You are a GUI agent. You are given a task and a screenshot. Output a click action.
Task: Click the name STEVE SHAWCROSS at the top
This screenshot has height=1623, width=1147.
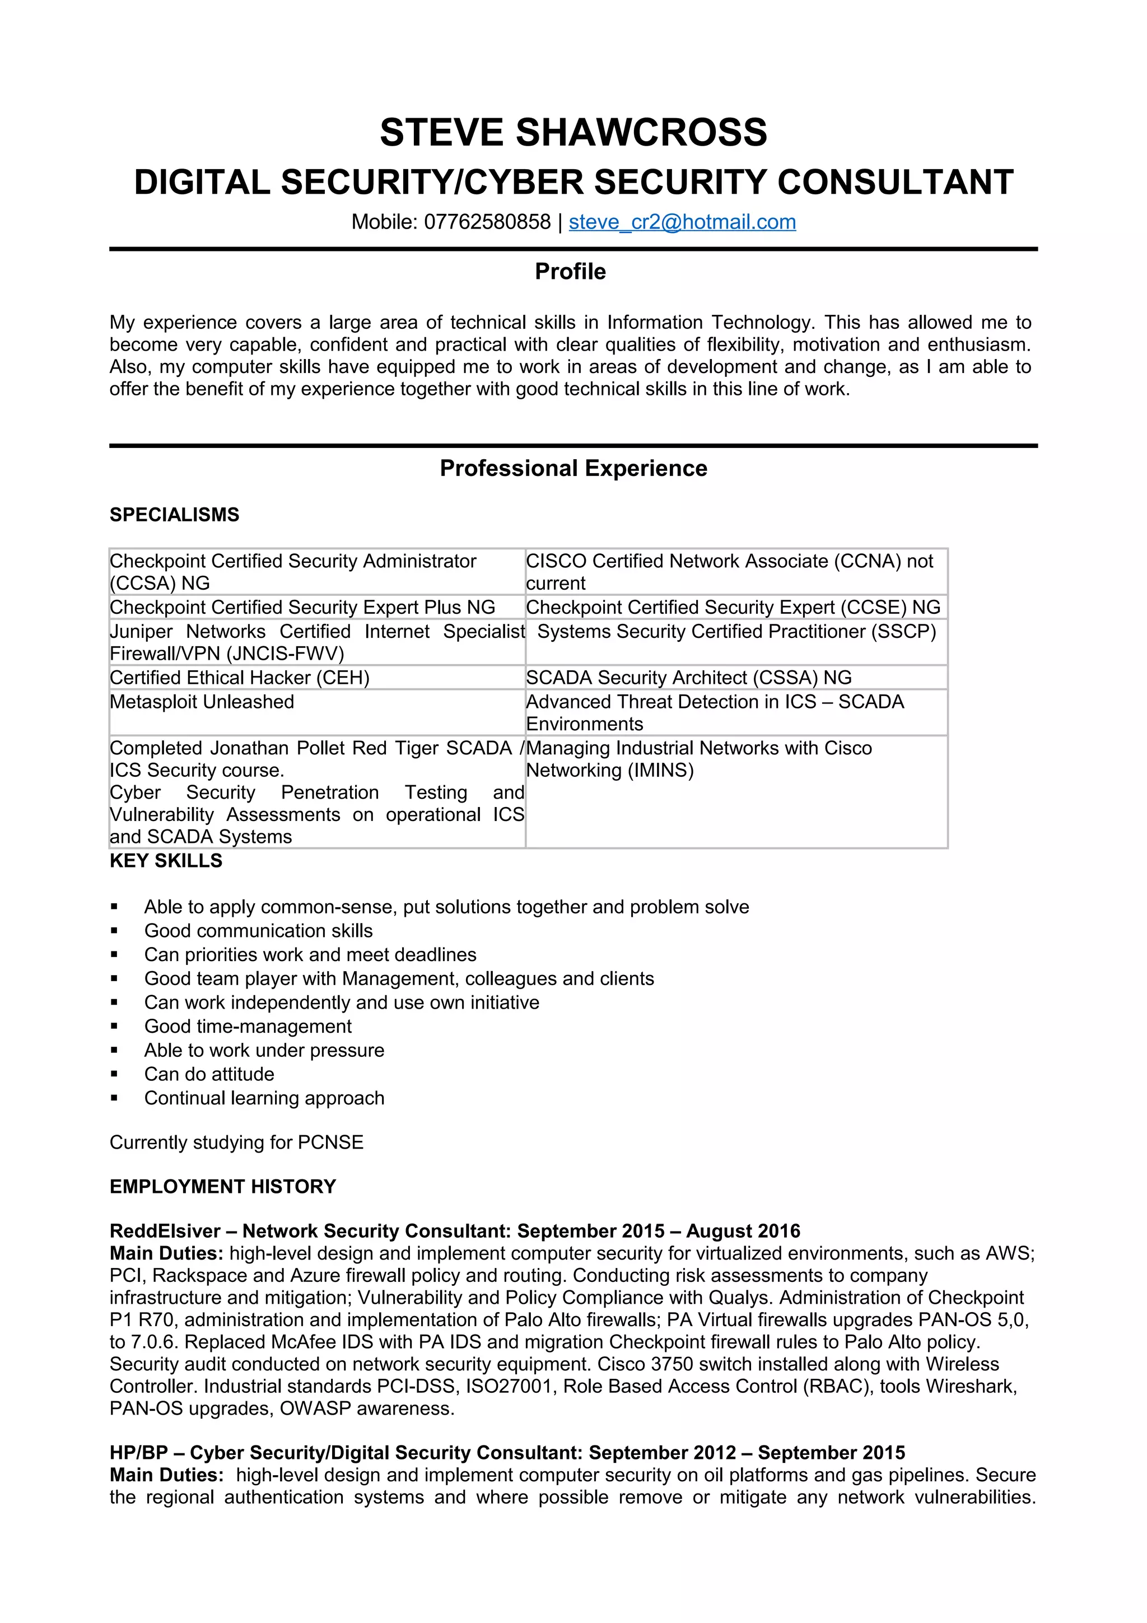click(573, 133)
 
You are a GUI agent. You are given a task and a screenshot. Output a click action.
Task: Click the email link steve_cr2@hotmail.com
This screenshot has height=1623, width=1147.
click(682, 222)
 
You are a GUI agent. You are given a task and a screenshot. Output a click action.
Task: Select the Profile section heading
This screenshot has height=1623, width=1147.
click(570, 272)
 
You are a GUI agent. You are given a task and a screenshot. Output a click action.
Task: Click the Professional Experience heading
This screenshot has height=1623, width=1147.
click(573, 468)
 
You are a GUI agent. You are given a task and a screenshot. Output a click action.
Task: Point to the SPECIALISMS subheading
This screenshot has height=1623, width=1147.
click(175, 515)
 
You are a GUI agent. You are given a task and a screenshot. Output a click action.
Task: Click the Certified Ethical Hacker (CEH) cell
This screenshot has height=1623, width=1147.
click(240, 677)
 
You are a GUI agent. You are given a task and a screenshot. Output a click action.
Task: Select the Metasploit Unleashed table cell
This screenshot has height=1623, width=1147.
click(202, 702)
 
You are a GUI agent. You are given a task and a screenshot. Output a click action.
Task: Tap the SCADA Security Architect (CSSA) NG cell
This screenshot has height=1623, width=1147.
click(688, 677)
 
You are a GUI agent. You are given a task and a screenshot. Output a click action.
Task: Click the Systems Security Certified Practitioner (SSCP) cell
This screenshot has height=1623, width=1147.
click(736, 631)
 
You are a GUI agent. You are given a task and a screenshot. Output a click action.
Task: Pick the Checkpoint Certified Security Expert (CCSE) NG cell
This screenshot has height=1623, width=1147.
click(733, 607)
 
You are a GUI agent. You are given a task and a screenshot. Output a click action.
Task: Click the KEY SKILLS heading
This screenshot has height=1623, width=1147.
click(166, 860)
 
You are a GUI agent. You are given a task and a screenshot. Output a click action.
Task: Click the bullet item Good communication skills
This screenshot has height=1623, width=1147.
click(259, 931)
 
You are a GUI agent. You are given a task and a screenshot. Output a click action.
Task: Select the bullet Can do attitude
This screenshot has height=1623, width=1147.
click(209, 1075)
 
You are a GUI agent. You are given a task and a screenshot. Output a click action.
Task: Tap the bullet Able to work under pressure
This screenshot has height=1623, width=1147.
click(264, 1051)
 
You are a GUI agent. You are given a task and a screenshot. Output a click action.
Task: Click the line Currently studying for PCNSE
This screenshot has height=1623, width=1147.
click(237, 1142)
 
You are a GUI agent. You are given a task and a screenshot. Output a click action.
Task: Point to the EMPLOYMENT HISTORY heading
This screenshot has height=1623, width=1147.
click(222, 1187)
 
